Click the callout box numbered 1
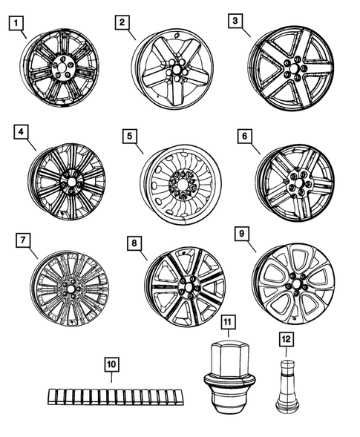(16, 23)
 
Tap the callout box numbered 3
(235, 22)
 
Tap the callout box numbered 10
(111, 364)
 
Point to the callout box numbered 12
(285, 340)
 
